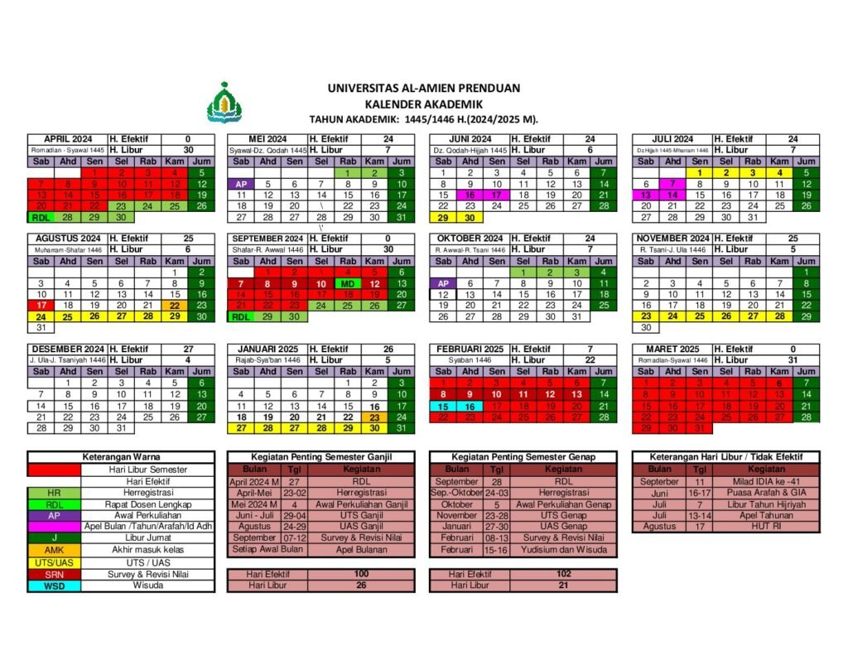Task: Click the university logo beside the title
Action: coord(221,103)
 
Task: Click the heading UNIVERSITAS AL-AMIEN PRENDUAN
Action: coord(423,87)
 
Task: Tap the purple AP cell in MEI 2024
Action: coord(241,184)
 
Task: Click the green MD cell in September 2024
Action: coord(348,283)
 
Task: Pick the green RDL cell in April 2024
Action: coord(41,217)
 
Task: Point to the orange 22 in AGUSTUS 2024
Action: coord(175,305)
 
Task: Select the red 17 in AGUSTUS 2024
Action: coord(41,305)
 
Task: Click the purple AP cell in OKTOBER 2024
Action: coord(443,283)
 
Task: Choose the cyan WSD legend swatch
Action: coord(54,586)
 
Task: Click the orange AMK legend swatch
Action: coord(54,550)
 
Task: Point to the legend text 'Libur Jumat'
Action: coord(146,538)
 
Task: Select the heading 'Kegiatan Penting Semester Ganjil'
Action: coord(321,457)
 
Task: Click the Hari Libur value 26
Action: coord(360,585)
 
